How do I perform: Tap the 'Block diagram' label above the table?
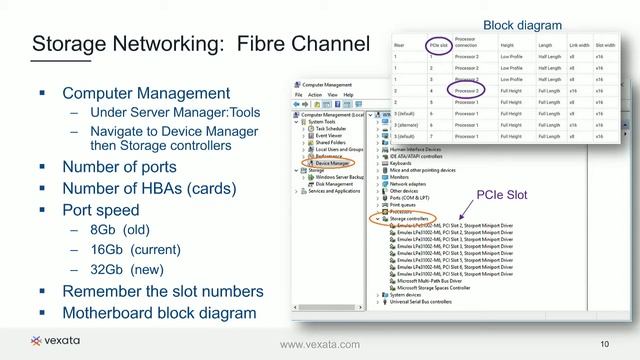click(x=522, y=25)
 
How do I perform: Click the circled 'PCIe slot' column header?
click(x=437, y=45)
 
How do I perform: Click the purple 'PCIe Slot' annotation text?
click(x=501, y=195)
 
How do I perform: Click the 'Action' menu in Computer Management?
click(x=315, y=95)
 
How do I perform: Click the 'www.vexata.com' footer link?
click(x=319, y=345)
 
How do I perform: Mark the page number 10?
click(x=605, y=345)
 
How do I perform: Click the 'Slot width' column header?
click(x=605, y=45)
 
